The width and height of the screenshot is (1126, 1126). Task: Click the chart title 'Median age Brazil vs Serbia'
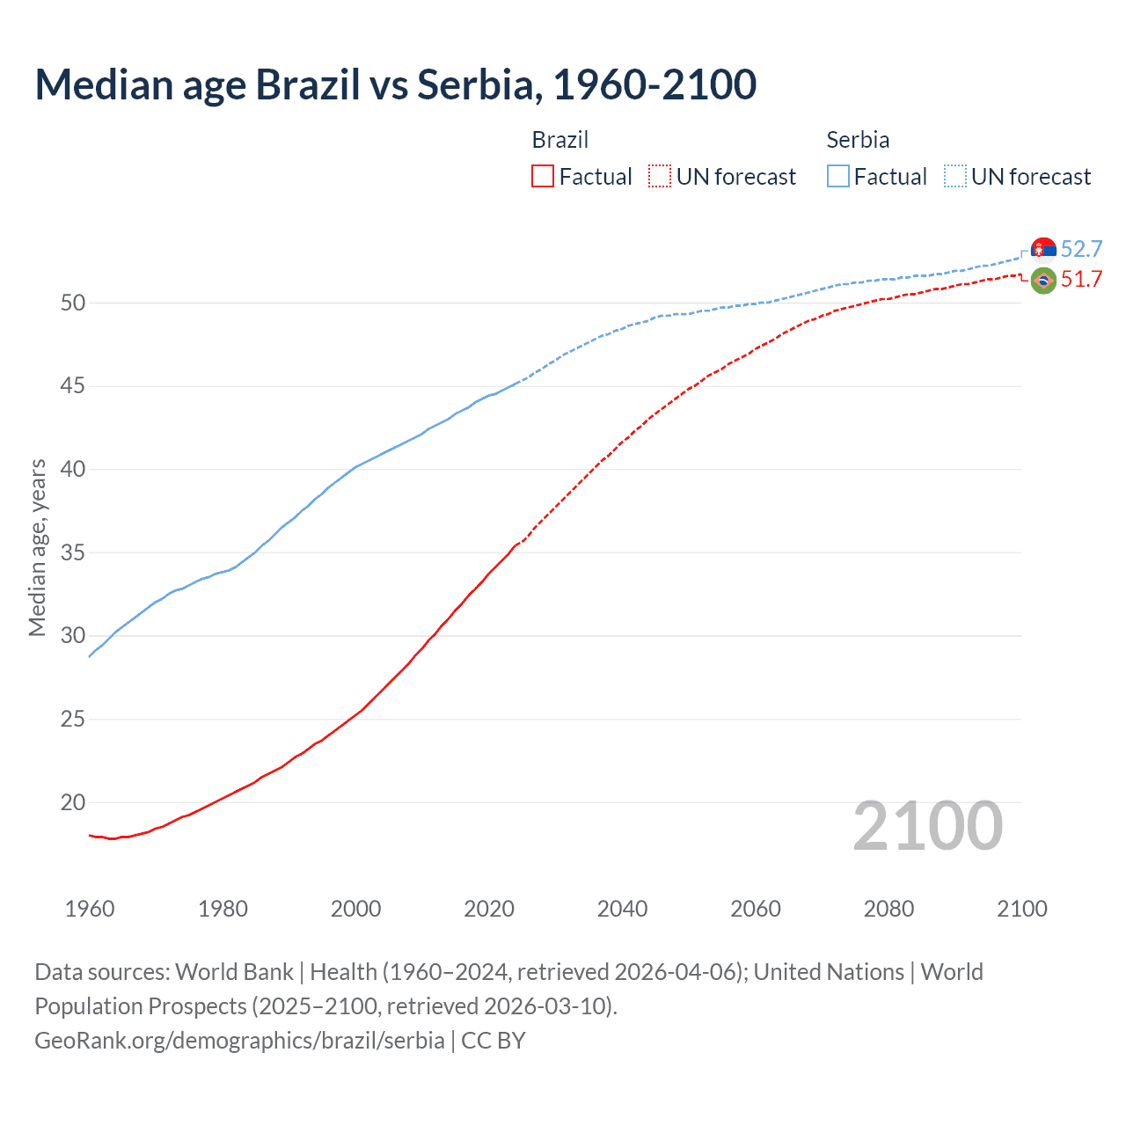tap(395, 84)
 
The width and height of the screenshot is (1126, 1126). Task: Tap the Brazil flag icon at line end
tap(1043, 281)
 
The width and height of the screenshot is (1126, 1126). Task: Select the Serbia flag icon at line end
tap(1043, 250)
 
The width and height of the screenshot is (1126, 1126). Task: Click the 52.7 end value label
tap(1081, 249)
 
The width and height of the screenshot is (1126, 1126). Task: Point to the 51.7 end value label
tap(1081, 280)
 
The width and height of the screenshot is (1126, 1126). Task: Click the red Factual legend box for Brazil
tap(543, 176)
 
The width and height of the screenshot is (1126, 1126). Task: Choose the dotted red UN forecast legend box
tap(660, 176)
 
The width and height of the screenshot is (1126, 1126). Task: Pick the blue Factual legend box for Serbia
tap(838, 176)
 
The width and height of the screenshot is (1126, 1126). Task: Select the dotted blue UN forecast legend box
tap(954, 176)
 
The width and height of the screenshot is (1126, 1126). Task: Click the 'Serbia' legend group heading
tap(858, 140)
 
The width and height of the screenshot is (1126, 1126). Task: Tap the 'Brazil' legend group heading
tap(560, 140)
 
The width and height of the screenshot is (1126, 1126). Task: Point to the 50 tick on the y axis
tap(73, 303)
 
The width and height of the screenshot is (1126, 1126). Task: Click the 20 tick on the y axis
tap(73, 803)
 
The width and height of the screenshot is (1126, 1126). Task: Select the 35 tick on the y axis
tap(73, 553)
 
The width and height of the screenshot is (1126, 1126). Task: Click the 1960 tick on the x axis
tap(90, 909)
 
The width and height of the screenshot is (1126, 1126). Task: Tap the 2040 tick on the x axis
tap(622, 909)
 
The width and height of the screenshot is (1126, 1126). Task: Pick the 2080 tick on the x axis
tap(888, 909)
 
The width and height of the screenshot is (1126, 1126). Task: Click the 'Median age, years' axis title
tap(37, 547)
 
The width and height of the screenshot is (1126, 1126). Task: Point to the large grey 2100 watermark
tap(927, 826)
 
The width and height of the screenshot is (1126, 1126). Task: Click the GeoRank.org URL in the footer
tap(239, 1041)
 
